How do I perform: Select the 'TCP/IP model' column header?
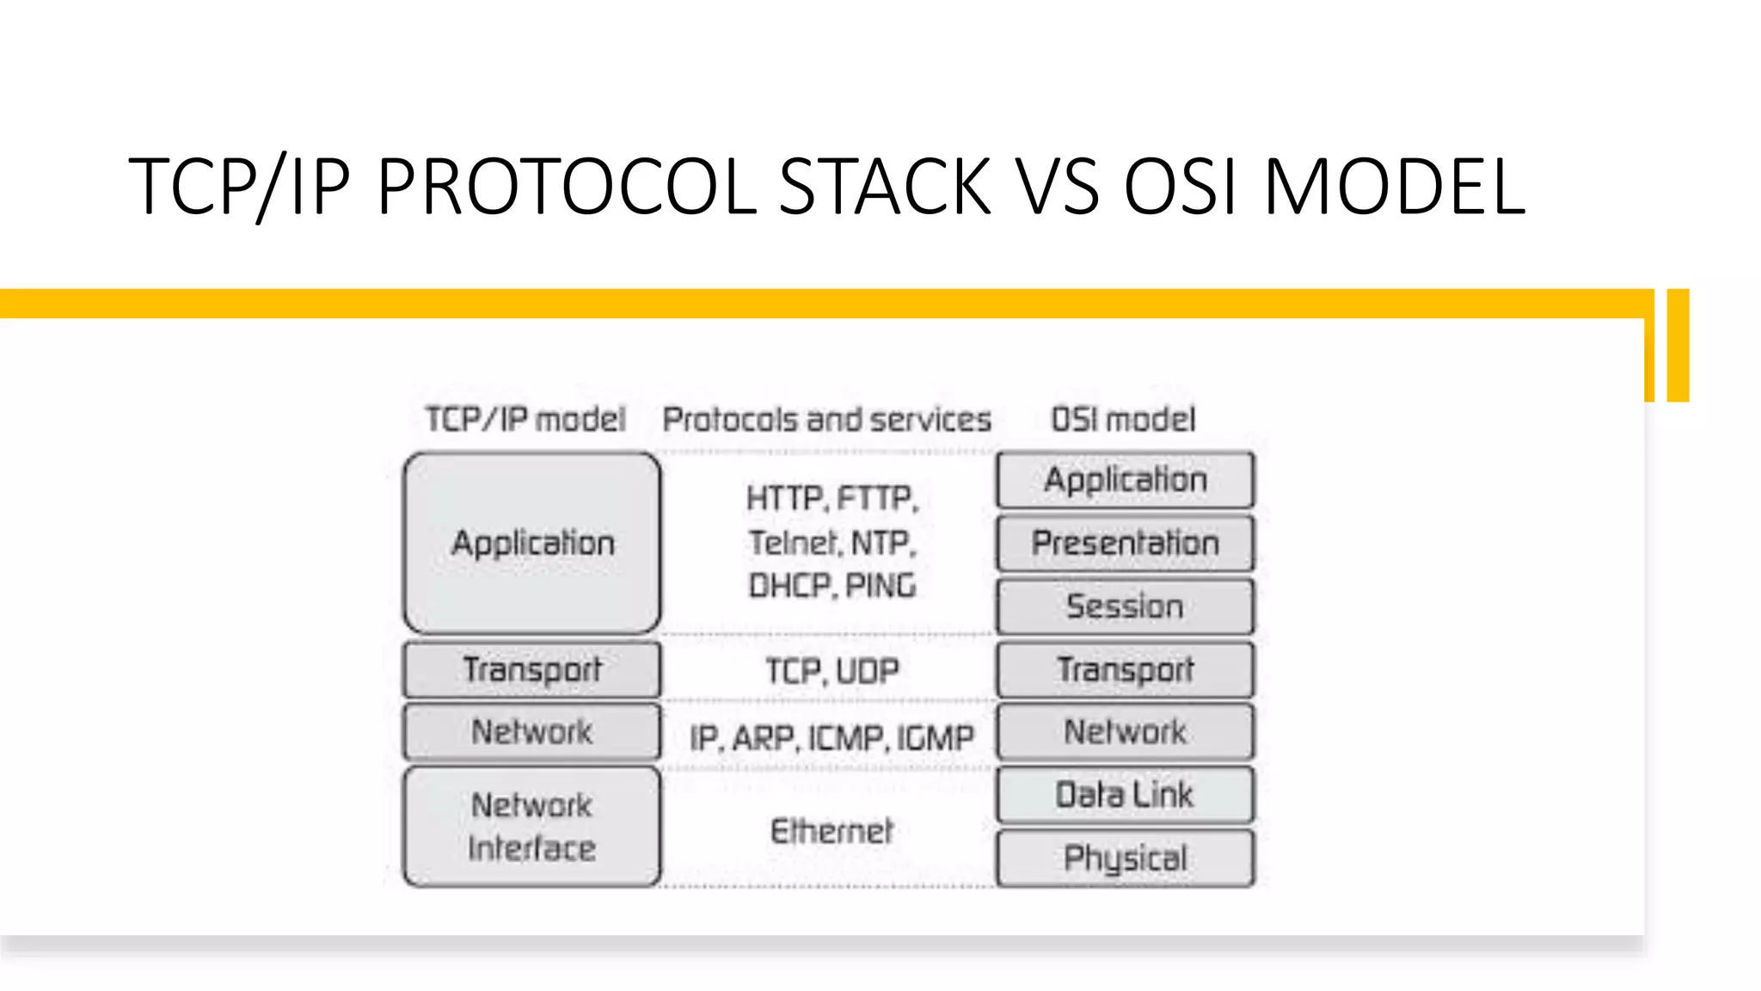pyautogui.click(x=525, y=420)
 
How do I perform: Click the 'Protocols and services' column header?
pyautogui.click(x=826, y=420)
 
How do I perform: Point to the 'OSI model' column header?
pyautogui.click(x=1124, y=420)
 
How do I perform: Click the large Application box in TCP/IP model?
pyautogui.click(x=532, y=543)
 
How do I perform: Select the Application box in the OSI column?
pyautogui.click(x=1125, y=480)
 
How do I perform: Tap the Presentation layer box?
pyautogui.click(x=1125, y=543)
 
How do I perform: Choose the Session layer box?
pyautogui.click(x=1125, y=606)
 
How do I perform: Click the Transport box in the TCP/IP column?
pyautogui.click(x=532, y=669)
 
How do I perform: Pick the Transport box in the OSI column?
pyautogui.click(x=1125, y=669)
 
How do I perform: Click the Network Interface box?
pyautogui.click(x=532, y=827)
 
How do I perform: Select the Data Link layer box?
pyautogui.click(x=1125, y=795)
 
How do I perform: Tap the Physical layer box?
pyautogui.click(x=1125, y=859)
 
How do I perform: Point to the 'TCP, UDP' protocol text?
pyautogui.click(x=832, y=671)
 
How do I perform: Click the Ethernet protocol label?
pyautogui.click(x=831, y=832)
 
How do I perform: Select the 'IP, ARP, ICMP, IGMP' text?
pyautogui.click(x=831, y=738)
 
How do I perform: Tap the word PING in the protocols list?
pyautogui.click(x=881, y=586)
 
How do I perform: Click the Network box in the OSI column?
pyautogui.click(x=1125, y=732)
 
